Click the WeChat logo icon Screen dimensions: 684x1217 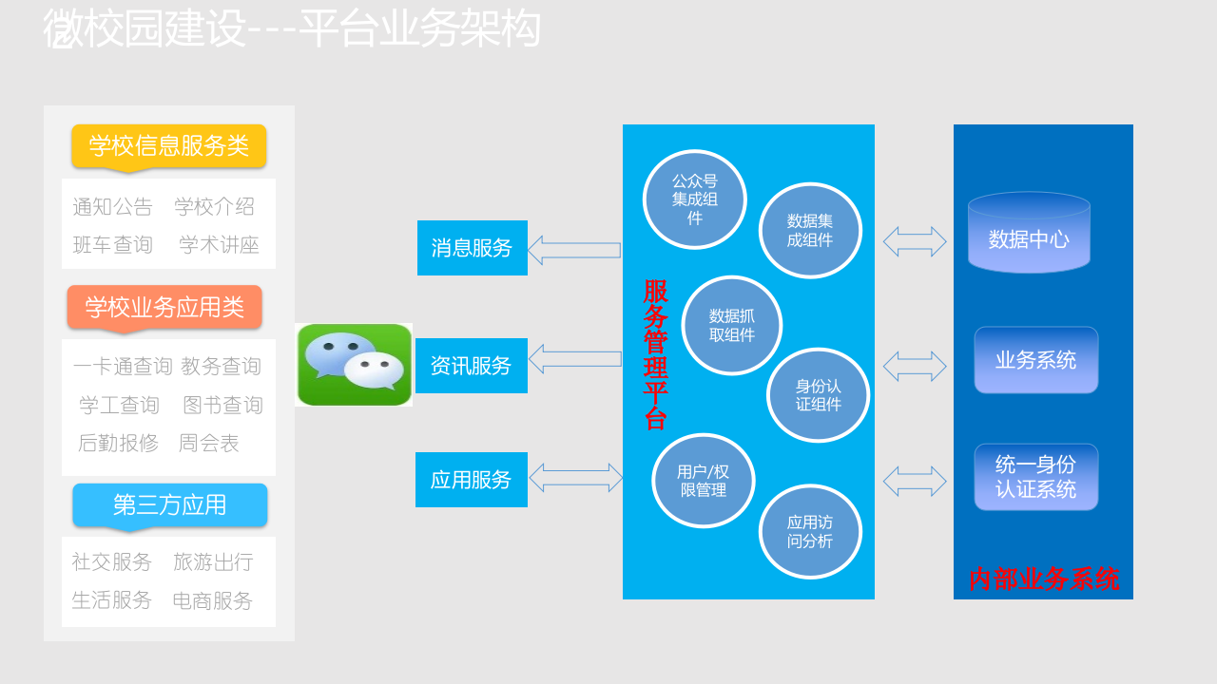354,365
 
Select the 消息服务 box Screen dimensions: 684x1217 472,248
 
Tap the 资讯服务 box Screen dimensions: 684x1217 471,366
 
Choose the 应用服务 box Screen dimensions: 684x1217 471,480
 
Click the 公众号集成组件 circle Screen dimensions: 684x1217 695,199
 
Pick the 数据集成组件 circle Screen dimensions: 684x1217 810,231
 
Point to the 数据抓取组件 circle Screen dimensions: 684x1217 732,326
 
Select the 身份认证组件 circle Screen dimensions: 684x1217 819,395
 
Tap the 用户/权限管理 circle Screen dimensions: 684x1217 704,481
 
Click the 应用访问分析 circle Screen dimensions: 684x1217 810,531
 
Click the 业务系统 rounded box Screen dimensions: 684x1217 1035,360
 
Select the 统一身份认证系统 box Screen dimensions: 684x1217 1035,477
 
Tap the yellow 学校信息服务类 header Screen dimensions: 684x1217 168,146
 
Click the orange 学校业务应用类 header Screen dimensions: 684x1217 164,308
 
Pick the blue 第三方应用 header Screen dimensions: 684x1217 169,504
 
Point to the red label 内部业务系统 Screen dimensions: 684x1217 1043,579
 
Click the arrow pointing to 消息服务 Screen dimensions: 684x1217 574,250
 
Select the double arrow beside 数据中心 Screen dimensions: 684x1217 915,241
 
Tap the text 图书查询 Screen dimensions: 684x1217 222,406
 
